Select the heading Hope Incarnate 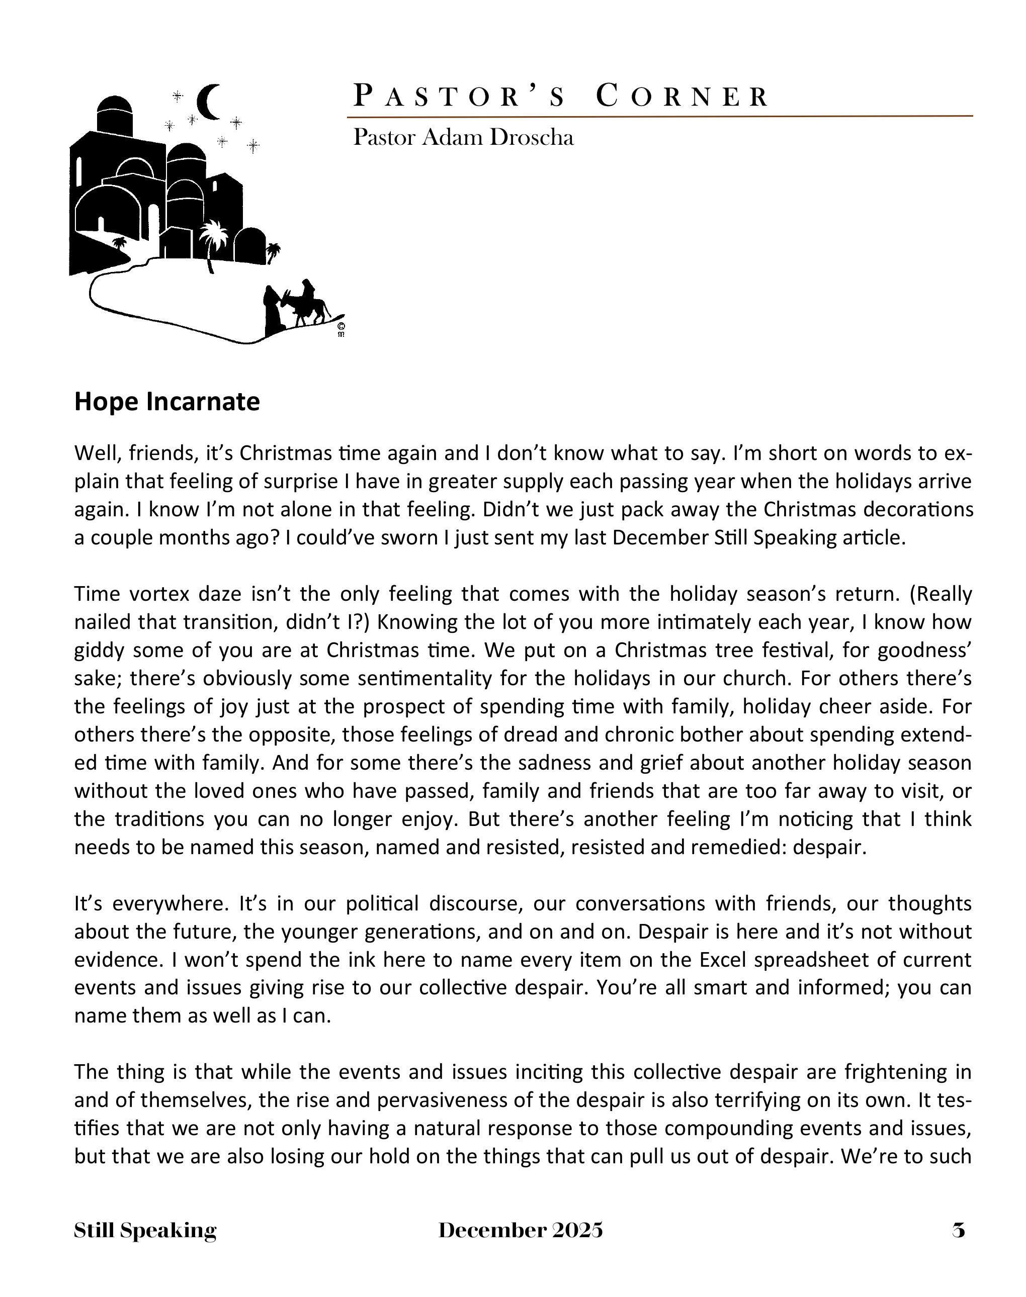(166, 402)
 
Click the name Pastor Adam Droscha (463, 138)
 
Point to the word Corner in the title (682, 97)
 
